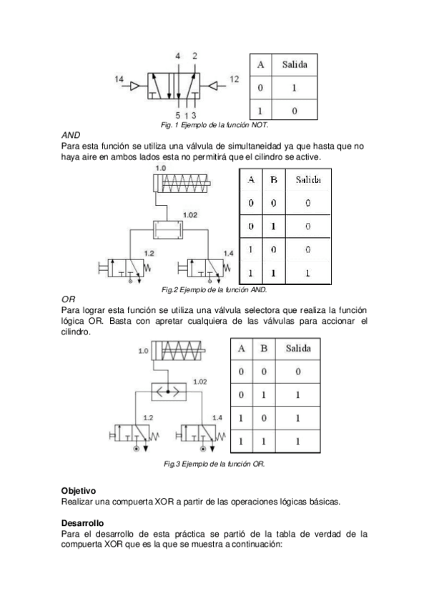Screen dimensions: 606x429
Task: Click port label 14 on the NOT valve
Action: pos(119,79)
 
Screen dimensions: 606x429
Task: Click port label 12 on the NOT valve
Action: pos(235,79)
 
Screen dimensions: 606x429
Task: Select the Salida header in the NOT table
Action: pos(295,64)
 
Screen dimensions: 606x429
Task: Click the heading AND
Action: pos(71,134)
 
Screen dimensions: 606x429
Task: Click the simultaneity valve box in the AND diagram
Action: pos(168,231)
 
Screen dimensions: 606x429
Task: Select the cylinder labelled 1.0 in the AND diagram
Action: pos(182,184)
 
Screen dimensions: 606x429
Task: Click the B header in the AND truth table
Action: pos(273,180)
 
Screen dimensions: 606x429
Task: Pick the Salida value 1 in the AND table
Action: pos(307,273)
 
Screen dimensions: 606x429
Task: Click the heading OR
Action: pos(69,299)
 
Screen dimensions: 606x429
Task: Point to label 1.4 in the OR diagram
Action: pos(217,417)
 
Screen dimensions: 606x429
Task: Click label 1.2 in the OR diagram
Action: pos(149,417)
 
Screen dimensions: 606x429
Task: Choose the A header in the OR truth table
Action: pos(242,349)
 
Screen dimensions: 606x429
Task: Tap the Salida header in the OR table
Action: pos(297,349)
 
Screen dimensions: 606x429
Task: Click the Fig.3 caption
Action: pos(214,464)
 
